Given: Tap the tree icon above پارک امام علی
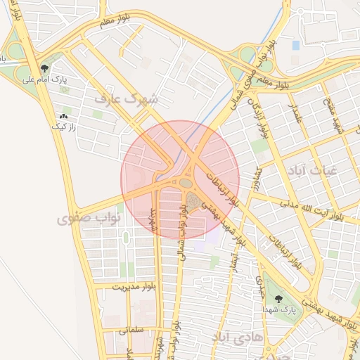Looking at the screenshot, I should [44, 68].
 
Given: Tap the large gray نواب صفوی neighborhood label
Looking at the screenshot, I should [89, 219].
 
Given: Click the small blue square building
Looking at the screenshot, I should [295, 45].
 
